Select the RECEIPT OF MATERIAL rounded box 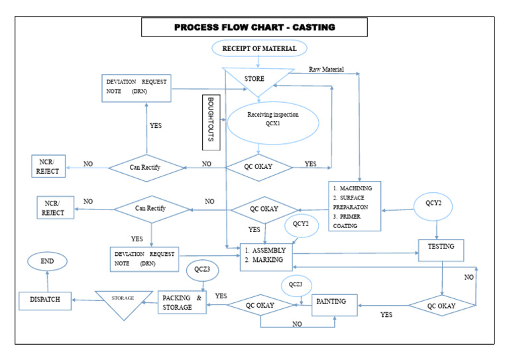click(255, 48)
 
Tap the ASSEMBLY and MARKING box click(266, 256)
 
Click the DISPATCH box click(44, 300)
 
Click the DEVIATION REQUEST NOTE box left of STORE click(135, 88)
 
